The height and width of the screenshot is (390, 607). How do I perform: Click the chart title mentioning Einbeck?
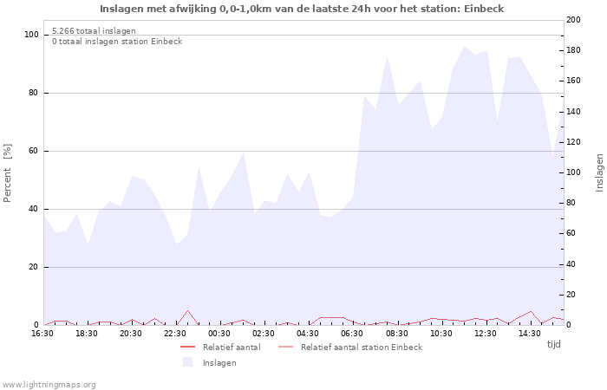click(x=301, y=9)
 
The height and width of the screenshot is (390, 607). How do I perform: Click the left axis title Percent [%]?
click(x=8, y=172)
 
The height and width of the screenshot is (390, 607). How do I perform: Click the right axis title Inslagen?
click(x=599, y=172)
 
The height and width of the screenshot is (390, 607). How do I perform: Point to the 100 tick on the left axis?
click(x=31, y=35)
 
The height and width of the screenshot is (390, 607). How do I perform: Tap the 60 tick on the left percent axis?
click(x=34, y=151)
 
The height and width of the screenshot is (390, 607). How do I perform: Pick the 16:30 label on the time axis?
click(x=42, y=334)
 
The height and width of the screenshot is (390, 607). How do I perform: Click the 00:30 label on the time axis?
click(x=219, y=334)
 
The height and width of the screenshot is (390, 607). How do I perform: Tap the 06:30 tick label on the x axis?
click(x=352, y=334)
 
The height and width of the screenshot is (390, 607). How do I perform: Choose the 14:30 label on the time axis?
click(x=529, y=334)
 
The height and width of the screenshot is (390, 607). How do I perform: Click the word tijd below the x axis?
click(x=554, y=344)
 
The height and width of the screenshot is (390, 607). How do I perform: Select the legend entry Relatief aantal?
click(x=231, y=348)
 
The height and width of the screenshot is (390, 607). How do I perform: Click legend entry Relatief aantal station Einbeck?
click(x=361, y=348)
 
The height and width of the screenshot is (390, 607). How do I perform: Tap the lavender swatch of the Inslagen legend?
click(x=187, y=362)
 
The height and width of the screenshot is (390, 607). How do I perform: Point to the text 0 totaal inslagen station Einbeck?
click(x=117, y=41)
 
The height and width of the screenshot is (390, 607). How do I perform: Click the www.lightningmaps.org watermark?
click(x=49, y=384)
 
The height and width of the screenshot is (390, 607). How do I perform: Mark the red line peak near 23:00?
click(x=187, y=310)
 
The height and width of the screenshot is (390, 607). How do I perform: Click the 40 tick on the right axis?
click(x=573, y=264)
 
